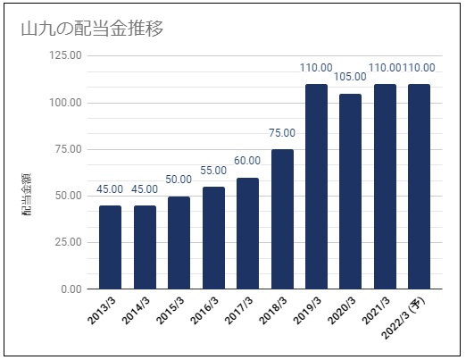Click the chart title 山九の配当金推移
(x=92, y=29)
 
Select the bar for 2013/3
(x=110, y=247)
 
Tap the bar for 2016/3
(x=213, y=238)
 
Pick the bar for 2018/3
(x=282, y=219)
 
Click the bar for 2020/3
(x=351, y=191)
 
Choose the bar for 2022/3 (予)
(x=419, y=187)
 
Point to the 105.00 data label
(x=350, y=77)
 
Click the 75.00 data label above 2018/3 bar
(x=282, y=133)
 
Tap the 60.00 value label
(x=247, y=161)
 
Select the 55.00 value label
(x=213, y=171)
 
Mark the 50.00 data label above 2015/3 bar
(x=179, y=180)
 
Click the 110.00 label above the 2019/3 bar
(x=316, y=68)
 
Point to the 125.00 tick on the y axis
(x=65, y=55)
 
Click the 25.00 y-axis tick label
(x=69, y=242)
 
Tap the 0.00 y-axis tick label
(x=71, y=289)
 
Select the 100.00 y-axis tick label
(x=65, y=103)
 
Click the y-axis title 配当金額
(x=26, y=194)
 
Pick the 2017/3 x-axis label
(x=238, y=311)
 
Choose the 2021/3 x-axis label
(x=376, y=311)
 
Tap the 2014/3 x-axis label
(x=136, y=311)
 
